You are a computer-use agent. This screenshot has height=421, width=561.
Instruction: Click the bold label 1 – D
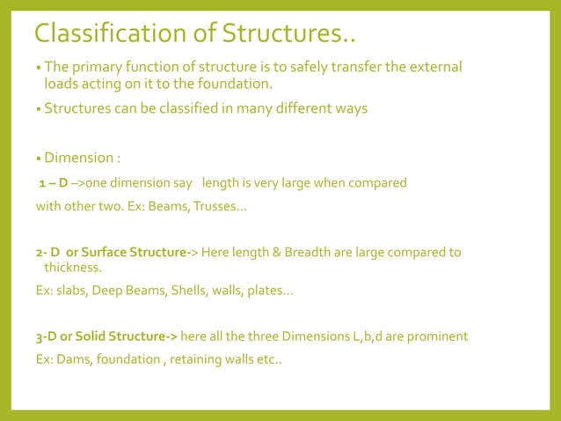[53, 183]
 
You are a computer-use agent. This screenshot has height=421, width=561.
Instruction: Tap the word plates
[265, 290]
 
